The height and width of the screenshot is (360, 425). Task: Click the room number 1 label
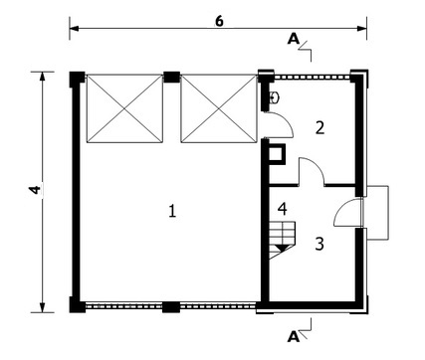coord(172,211)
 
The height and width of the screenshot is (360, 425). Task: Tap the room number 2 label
coord(319,128)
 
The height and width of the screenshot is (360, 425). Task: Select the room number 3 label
coord(319,244)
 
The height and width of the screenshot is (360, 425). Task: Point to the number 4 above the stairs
coord(283,209)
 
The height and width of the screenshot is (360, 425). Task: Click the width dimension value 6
coord(219,21)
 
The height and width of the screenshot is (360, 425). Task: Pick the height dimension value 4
coord(35,190)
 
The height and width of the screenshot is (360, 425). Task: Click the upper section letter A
coord(294,39)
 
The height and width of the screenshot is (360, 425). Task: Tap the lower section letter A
coord(294,337)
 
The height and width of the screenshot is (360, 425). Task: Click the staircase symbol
coord(282,240)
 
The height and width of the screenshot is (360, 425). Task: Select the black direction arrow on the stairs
coord(282,248)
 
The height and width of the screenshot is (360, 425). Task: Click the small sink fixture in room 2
coord(274,97)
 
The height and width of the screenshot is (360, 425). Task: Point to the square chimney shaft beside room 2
coord(276,154)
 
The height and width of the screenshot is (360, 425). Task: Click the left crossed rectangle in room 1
coord(124,108)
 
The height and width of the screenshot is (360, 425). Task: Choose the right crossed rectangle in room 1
coord(219,108)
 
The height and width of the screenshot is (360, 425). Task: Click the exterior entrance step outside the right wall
coord(377,213)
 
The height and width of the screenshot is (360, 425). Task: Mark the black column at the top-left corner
coord(77,80)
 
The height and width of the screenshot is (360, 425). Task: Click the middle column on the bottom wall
coord(171,307)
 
